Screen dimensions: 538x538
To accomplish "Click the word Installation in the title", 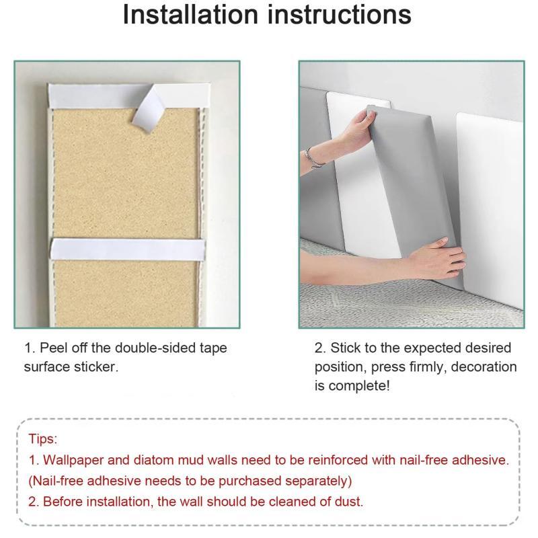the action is [190, 14].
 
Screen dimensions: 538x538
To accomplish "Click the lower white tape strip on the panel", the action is [128, 249].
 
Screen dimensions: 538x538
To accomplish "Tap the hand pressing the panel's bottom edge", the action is [436, 258].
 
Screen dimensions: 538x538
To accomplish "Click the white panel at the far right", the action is [490, 209].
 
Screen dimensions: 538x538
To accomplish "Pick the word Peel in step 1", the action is [53, 348].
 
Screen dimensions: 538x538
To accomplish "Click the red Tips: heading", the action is [42, 439].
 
